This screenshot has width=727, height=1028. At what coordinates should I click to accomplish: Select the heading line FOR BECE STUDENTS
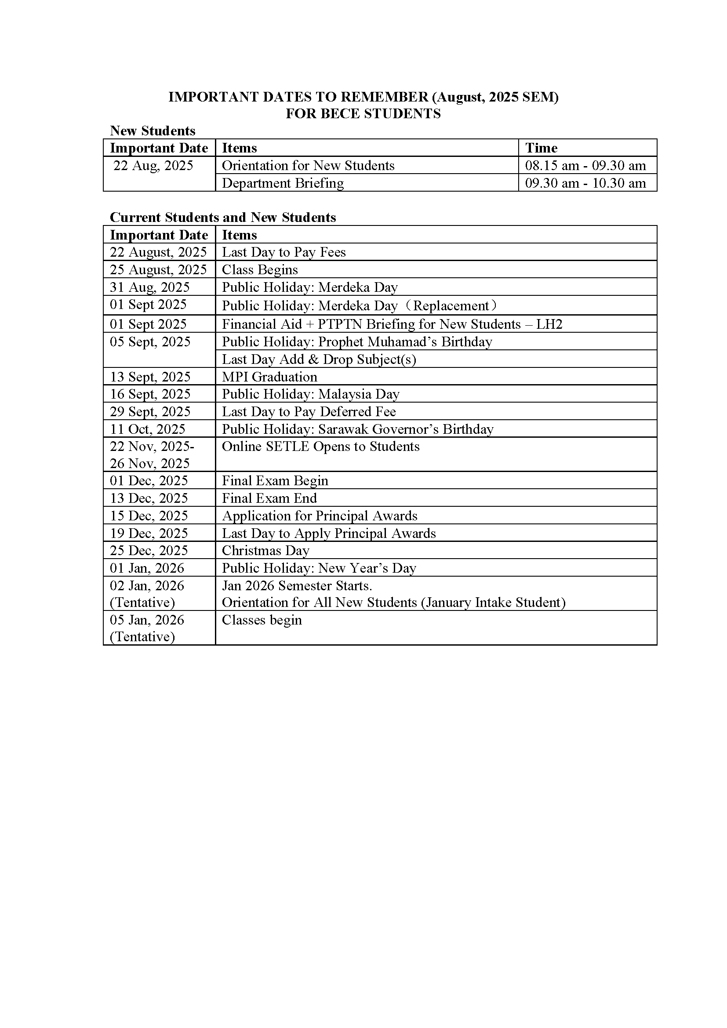click(x=363, y=114)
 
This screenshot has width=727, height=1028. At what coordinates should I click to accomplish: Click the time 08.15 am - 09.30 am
click(x=585, y=166)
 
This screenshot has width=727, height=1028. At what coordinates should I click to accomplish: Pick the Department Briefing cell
click(x=283, y=183)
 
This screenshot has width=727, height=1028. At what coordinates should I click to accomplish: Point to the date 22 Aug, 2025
click(x=153, y=166)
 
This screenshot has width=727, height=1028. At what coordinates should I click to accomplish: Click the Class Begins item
click(x=260, y=269)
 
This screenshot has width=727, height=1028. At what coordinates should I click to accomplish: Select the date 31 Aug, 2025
click(x=149, y=287)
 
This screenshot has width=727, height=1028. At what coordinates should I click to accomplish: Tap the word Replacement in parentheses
click(x=451, y=306)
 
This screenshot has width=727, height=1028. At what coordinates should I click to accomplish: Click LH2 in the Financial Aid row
click(x=549, y=324)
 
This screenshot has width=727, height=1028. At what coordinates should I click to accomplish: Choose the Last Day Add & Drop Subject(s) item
click(x=319, y=359)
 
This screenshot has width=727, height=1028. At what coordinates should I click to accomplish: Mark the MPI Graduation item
click(x=269, y=377)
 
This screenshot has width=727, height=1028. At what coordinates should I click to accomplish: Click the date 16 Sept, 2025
click(x=150, y=394)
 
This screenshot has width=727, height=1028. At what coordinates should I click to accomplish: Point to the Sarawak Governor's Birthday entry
click(x=406, y=429)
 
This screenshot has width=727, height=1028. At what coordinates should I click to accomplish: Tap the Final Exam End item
click(x=269, y=498)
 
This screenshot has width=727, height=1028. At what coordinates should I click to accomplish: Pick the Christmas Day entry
click(x=265, y=550)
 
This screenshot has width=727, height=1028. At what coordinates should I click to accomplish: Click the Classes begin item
click(x=262, y=620)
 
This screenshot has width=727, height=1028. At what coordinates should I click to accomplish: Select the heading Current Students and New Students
click(x=222, y=218)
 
